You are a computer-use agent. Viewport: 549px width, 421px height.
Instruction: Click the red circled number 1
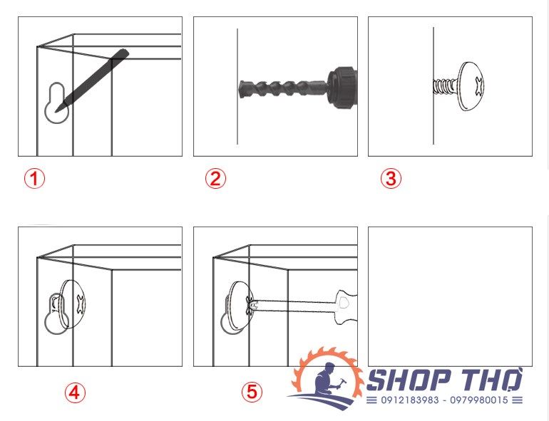pyautogui.click(x=34, y=179)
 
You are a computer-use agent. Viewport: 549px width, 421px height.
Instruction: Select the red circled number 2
pyautogui.click(x=215, y=179)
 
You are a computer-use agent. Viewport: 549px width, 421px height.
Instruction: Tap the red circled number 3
pyautogui.click(x=391, y=179)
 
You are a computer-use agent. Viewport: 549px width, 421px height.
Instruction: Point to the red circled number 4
pyautogui.click(x=75, y=393)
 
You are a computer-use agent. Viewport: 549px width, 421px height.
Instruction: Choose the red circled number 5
pyautogui.click(x=252, y=392)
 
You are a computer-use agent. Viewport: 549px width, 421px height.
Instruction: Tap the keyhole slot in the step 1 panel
pyautogui.click(x=56, y=103)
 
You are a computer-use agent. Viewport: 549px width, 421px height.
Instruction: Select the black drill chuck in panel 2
pyautogui.click(x=343, y=87)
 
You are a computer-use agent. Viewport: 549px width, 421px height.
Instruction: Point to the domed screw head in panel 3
pyautogui.click(x=471, y=86)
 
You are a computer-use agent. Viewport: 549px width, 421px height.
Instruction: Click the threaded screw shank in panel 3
pyautogui.click(x=446, y=86)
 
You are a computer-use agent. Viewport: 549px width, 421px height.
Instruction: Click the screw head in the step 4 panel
pyautogui.click(x=73, y=303)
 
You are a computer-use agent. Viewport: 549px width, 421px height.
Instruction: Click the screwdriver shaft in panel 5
pyautogui.click(x=294, y=306)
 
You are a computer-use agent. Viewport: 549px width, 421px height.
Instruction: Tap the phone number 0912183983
pyautogui.click(x=410, y=400)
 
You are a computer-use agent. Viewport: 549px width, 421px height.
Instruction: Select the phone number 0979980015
pyautogui.click(x=479, y=400)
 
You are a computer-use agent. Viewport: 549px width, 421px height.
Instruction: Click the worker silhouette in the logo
pyautogui.click(x=329, y=381)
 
